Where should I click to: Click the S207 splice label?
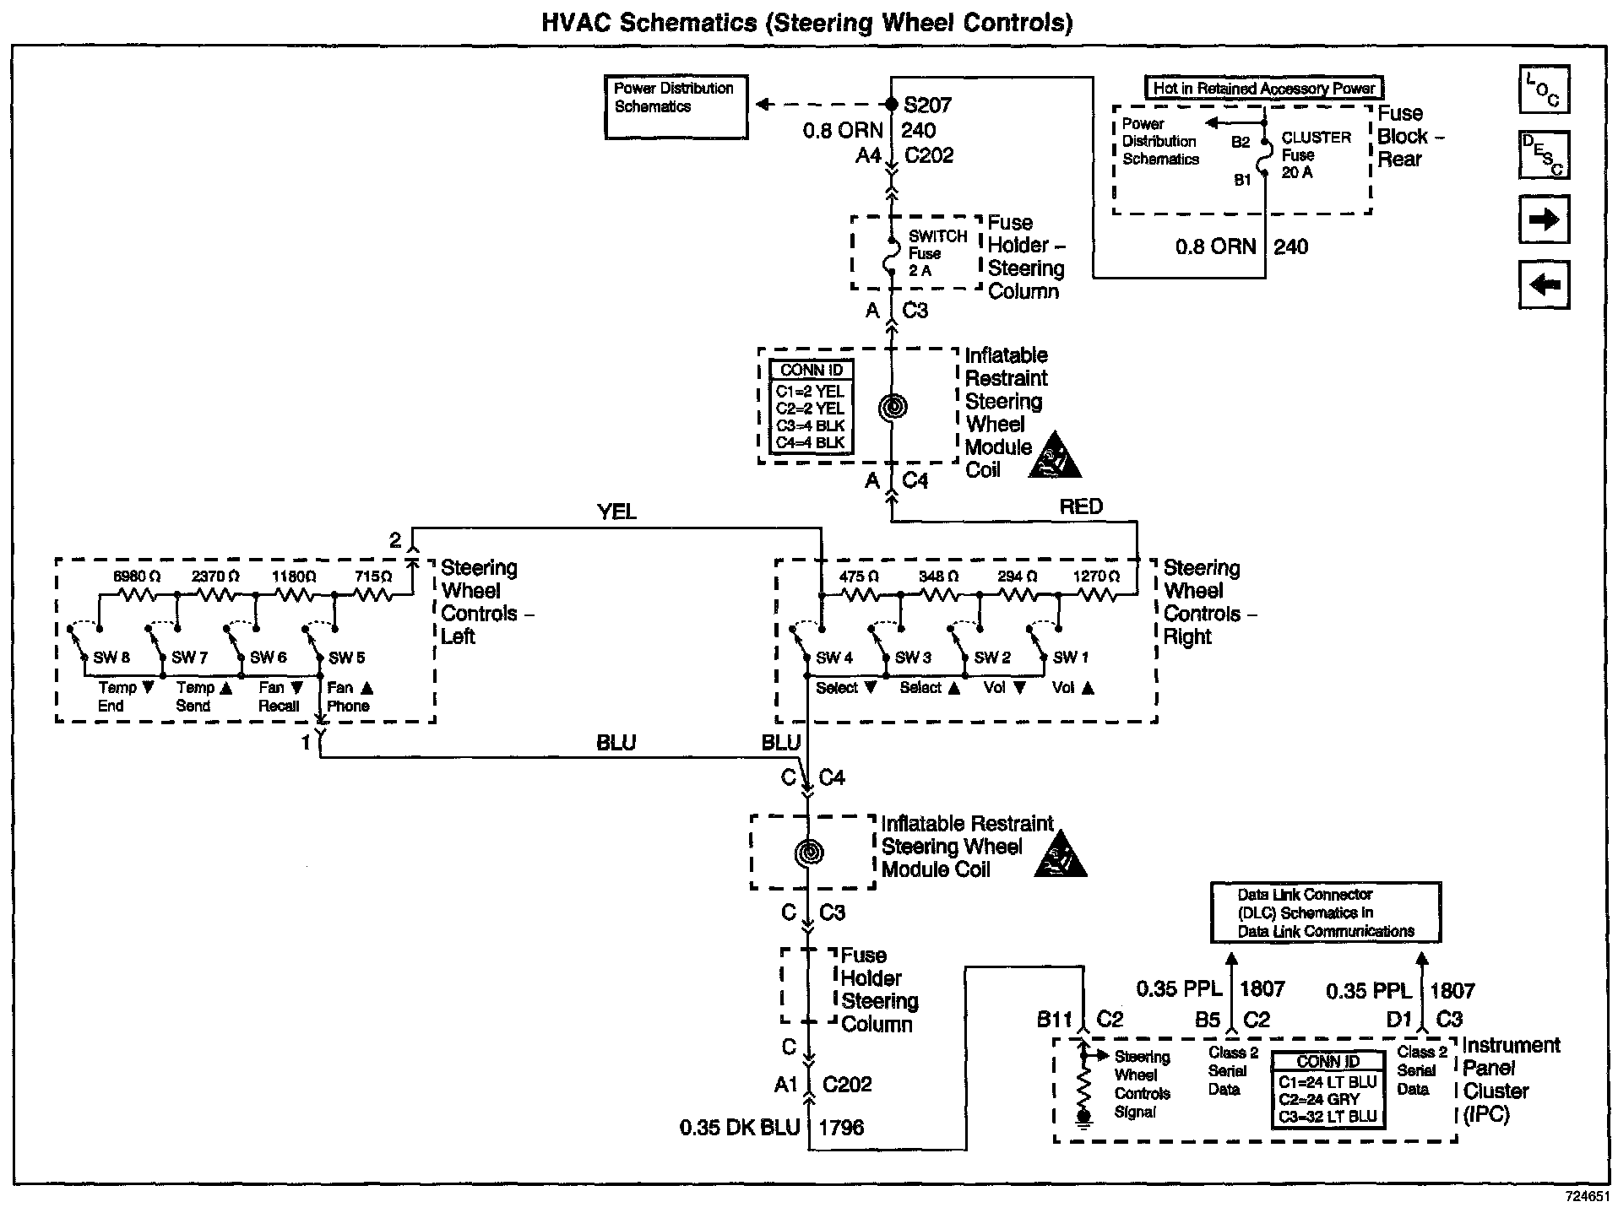click(x=927, y=106)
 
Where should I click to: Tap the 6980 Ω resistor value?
click(x=137, y=577)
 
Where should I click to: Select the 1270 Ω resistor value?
click(x=1095, y=577)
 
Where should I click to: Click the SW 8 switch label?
click(x=111, y=658)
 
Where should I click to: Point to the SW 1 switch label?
click(x=1071, y=658)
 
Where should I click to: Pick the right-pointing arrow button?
click(x=1544, y=220)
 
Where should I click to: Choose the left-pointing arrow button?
click(x=1544, y=284)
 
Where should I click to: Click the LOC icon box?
click(x=1544, y=89)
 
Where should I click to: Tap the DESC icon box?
click(x=1544, y=154)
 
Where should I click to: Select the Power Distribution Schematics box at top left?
click(x=676, y=106)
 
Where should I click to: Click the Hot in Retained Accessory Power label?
click(x=1263, y=88)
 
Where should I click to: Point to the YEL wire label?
click(x=616, y=512)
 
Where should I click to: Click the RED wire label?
click(x=1081, y=506)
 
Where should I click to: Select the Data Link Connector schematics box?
click(x=1326, y=912)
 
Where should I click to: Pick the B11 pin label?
click(x=1055, y=1020)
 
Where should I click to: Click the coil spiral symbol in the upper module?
click(x=893, y=408)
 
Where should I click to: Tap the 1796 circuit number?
click(x=841, y=1128)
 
